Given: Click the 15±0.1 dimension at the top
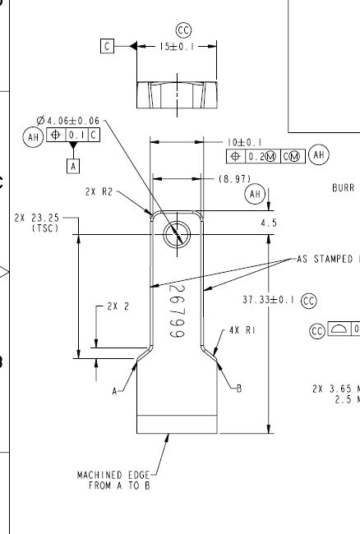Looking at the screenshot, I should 176,47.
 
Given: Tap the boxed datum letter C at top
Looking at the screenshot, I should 107,47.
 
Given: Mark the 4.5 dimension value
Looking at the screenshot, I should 268,222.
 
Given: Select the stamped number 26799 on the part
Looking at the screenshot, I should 176,311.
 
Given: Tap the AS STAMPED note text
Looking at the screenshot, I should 325,259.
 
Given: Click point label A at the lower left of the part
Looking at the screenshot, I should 115,392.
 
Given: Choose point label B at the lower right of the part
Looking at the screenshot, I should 239,389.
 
